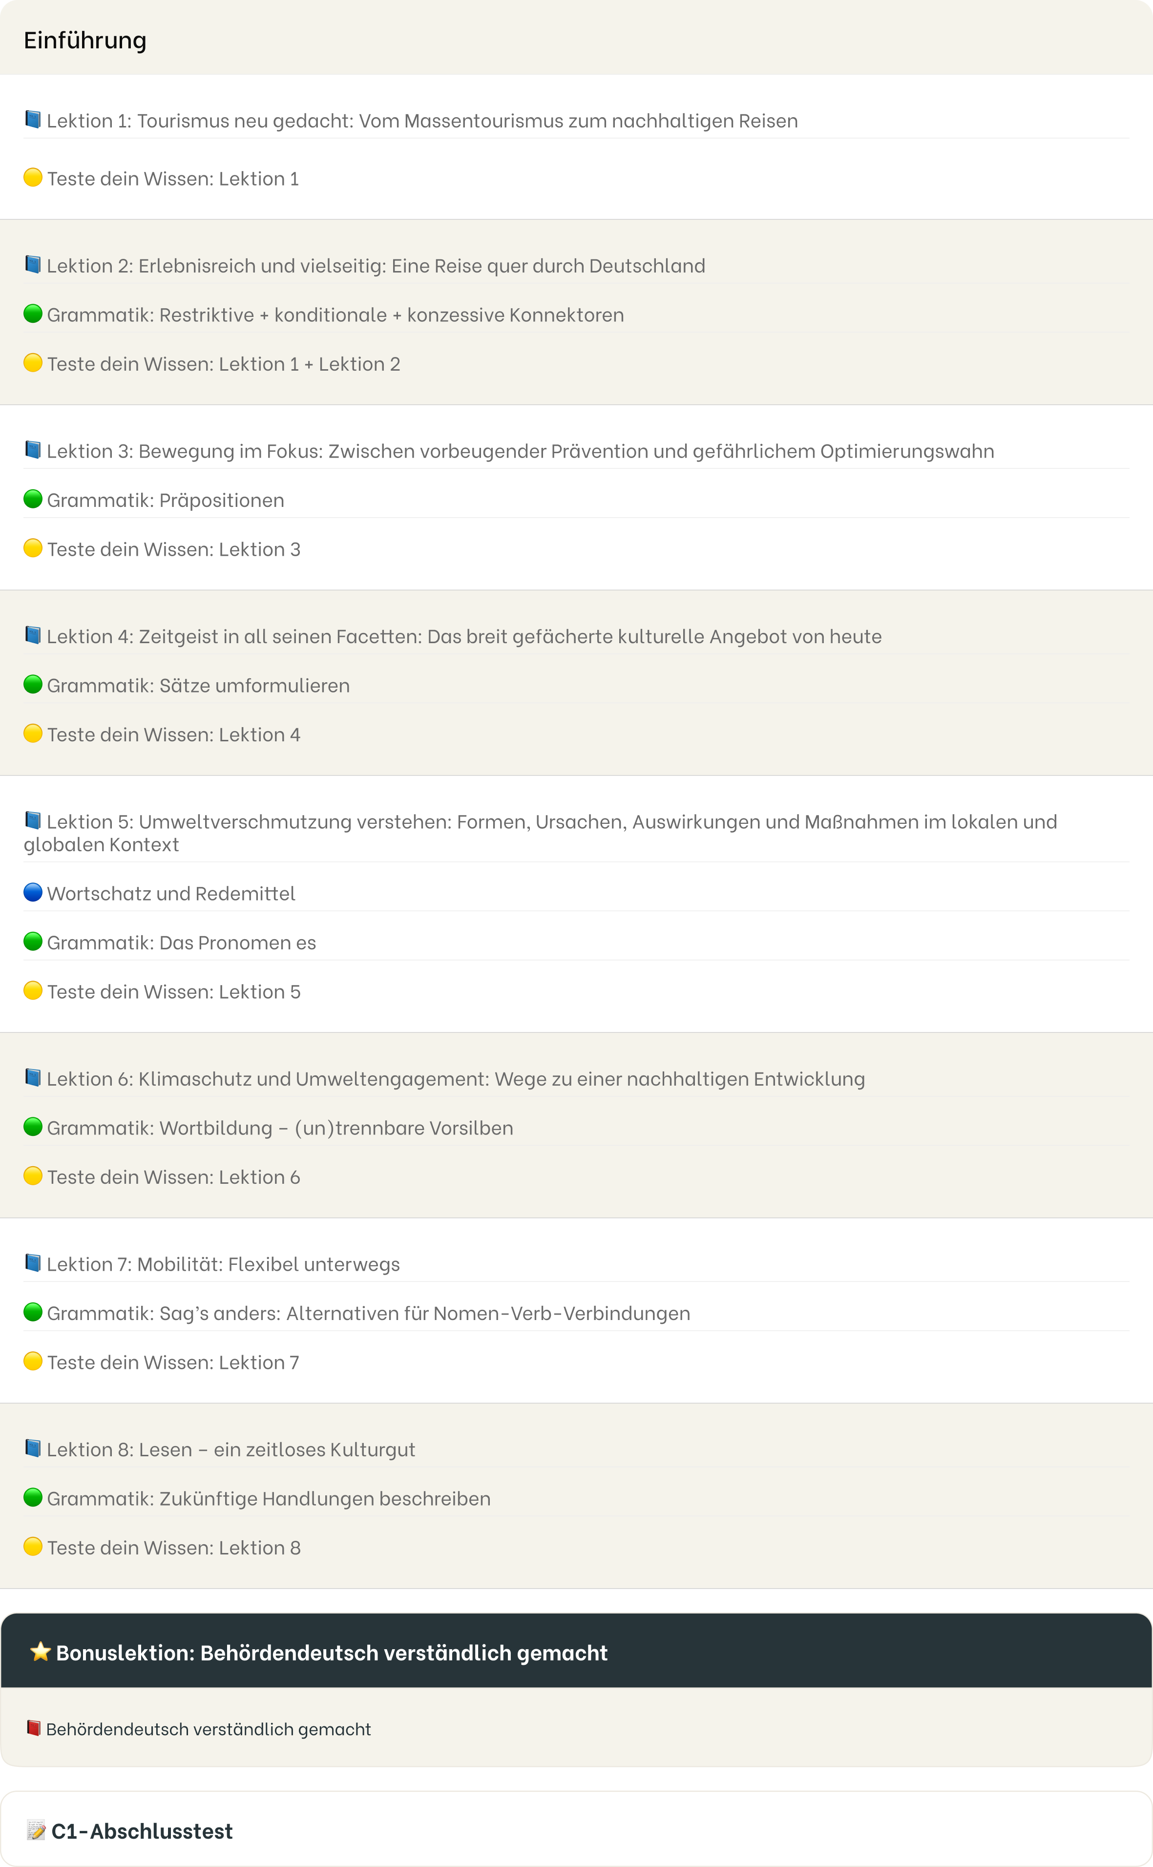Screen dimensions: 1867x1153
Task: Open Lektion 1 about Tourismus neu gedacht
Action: pos(422,121)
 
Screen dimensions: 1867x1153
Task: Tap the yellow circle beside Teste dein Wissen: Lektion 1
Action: pos(33,178)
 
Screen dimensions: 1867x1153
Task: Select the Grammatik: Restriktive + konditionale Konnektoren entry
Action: pos(335,315)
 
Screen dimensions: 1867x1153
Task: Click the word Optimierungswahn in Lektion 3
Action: pos(907,451)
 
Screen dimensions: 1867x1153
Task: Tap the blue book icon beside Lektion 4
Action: pos(33,635)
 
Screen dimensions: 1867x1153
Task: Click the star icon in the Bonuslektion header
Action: pos(41,1652)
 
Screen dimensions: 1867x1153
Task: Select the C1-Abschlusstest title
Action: pos(142,1832)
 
